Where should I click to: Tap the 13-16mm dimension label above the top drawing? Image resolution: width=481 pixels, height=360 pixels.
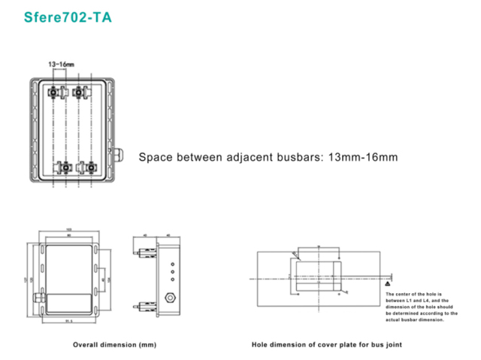click(x=61, y=65)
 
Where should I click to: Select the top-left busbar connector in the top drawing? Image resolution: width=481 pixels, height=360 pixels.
click(x=55, y=92)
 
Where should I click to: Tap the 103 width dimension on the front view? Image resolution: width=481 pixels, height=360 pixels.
click(x=68, y=229)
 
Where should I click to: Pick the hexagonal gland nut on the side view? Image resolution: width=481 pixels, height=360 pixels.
click(x=171, y=295)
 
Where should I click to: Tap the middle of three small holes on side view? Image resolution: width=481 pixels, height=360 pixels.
click(x=173, y=272)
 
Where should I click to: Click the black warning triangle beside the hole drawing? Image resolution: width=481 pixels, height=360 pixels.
click(x=387, y=286)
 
